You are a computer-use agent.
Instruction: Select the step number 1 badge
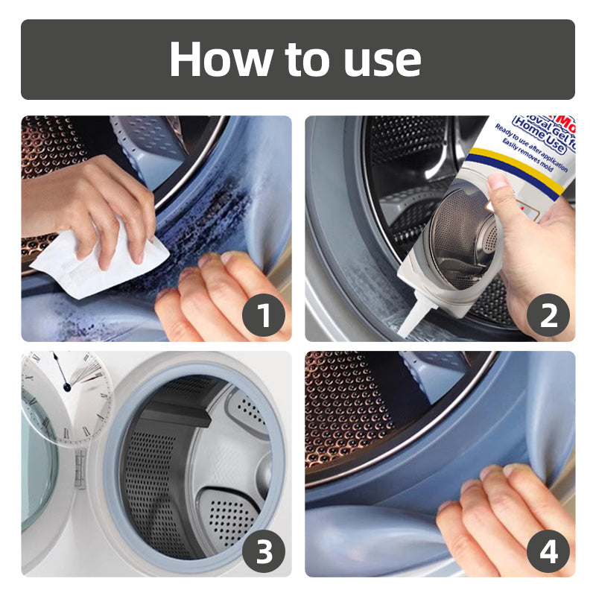point(264,316)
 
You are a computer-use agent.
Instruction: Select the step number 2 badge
point(548,316)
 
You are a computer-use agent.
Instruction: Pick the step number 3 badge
point(264,552)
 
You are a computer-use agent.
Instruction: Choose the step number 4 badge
point(548,552)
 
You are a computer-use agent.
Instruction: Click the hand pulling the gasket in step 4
point(499,521)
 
